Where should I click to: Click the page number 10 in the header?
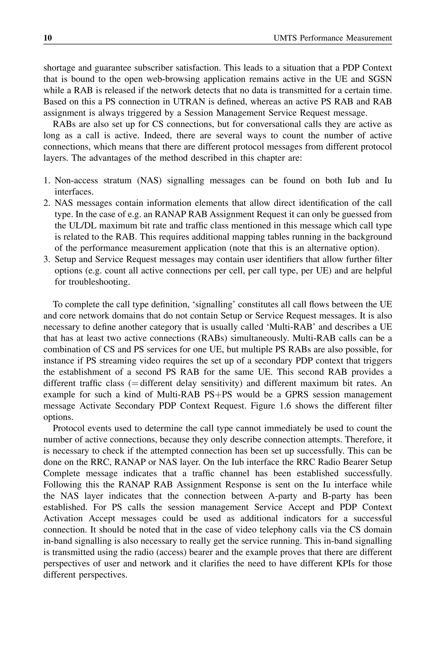48,38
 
